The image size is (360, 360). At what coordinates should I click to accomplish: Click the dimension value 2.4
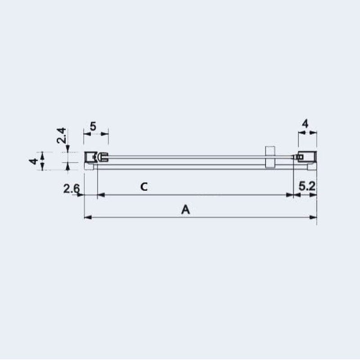[62, 136]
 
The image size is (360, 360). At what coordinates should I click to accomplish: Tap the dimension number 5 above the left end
[93, 126]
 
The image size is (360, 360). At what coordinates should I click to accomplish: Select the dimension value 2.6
[72, 189]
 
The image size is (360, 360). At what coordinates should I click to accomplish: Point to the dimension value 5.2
[307, 186]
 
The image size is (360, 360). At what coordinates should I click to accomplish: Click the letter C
[144, 187]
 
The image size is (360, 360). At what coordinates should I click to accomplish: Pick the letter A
[185, 210]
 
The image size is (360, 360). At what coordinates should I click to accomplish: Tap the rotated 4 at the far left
[33, 161]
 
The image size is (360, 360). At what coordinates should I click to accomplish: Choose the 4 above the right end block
[305, 124]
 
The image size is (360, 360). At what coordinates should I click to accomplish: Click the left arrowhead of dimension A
[88, 217]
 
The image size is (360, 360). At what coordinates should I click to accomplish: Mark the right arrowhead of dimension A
[313, 217]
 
